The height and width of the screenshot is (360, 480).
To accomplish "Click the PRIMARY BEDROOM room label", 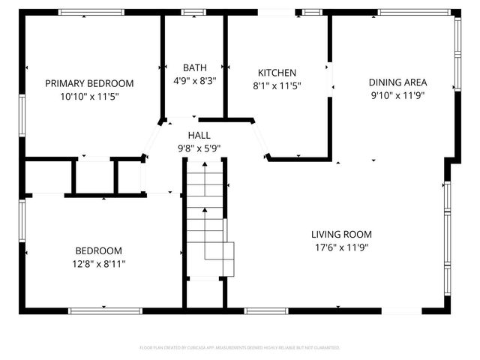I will pyautogui.click(x=89, y=83).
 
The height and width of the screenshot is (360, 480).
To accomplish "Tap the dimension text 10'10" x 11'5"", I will pyautogui.click(x=89, y=96).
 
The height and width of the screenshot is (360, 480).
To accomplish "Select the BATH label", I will pyautogui.click(x=194, y=67).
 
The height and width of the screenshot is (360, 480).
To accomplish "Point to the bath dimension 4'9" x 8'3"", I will pyautogui.click(x=194, y=80).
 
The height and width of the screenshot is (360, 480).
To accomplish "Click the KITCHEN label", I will pyautogui.click(x=277, y=73).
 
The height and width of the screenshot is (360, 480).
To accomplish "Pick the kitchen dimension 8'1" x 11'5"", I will pyautogui.click(x=277, y=85).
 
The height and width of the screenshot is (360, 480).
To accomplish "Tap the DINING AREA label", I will pyautogui.click(x=397, y=82).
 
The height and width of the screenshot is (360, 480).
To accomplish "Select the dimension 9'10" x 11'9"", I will pyautogui.click(x=397, y=95).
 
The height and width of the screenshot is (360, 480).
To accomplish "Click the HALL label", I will pyautogui.click(x=199, y=134).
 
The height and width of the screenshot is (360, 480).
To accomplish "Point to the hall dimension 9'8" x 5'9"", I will pyautogui.click(x=199, y=148).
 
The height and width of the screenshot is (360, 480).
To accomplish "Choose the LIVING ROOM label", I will pyautogui.click(x=342, y=234).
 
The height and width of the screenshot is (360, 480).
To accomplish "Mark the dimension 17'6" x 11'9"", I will pyautogui.click(x=342, y=247).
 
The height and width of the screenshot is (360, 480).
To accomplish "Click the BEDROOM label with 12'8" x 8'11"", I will pyautogui.click(x=98, y=250).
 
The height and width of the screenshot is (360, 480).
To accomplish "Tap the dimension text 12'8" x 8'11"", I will pyautogui.click(x=98, y=263).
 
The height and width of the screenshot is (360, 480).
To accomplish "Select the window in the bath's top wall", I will pyautogui.click(x=194, y=12).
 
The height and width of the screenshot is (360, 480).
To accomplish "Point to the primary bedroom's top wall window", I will pyautogui.click(x=91, y=12).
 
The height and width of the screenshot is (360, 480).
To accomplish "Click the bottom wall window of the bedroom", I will pyautogui.click(x=104, y=310).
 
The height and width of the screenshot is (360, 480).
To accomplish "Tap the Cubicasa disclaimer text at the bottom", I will pyautogui.click(x=240, y=348).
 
